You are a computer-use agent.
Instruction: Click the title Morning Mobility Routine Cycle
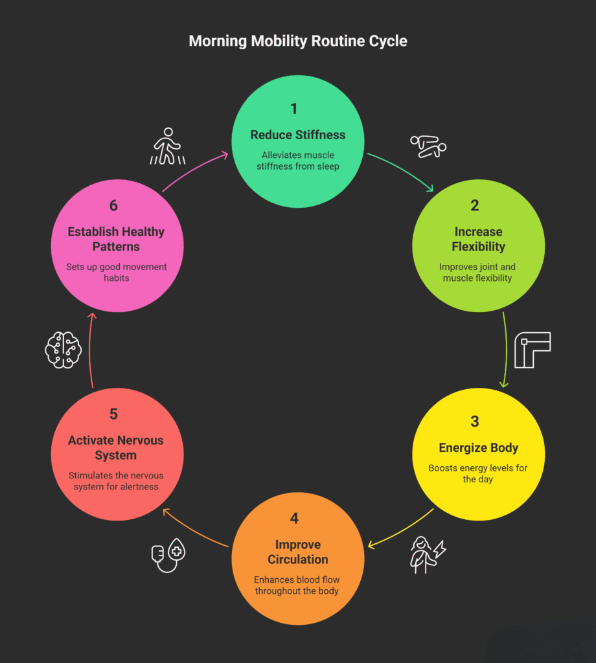(x=298, y=41)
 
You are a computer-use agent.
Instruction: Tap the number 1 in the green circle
(x=294, y=109)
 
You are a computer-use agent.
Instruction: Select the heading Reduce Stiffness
(x=298, y=135)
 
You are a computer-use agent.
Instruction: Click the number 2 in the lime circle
(x=475, y=206)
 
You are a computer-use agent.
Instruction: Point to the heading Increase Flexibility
(x=478, y=239)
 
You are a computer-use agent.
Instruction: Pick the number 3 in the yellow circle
(x=475, y=421)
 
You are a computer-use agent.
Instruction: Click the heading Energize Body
(x=478, y=448)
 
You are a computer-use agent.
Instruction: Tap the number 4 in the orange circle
(x=294, y=519)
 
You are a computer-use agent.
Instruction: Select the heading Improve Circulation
(x=298, y=552)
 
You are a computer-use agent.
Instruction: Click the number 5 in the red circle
(x=114, y=414)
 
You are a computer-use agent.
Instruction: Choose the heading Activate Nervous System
(x=116, y=447)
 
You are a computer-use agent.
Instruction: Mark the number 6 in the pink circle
(x=114, y=206)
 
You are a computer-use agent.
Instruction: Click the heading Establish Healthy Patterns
(x=116, y=239)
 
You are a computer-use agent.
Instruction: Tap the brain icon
(x=63, y=351)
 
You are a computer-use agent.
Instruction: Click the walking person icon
(x=168, y=146)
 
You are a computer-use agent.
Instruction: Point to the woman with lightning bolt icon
(x=427, y=554)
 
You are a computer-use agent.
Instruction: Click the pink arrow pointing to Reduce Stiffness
(x=194, y=172)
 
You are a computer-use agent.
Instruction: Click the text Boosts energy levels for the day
(x=478, y=473)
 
